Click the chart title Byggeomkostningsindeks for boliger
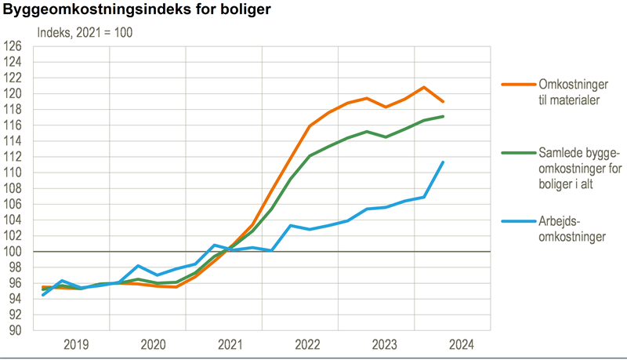pyautogui.click(x=137, y=12)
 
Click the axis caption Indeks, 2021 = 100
pyautogui.click(x=86, y=32)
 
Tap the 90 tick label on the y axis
pyautogui.click(x=15, y=330)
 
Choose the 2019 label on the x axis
pyautogui.click(x=76, y=344)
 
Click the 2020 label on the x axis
pyautogui.click(x=152, y=344)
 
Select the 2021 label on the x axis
pyautogui.click(x=229, y=344)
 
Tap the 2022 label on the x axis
pyautogui.click(x=306, y=344)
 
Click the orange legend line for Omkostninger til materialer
pyautogui.click(x=516, y=83)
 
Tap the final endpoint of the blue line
pyautogui.click(x=444, y=162)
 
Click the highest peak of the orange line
pyautogui.click(x=424, y=87)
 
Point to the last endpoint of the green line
pyautogui.click(x=444, y=116)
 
